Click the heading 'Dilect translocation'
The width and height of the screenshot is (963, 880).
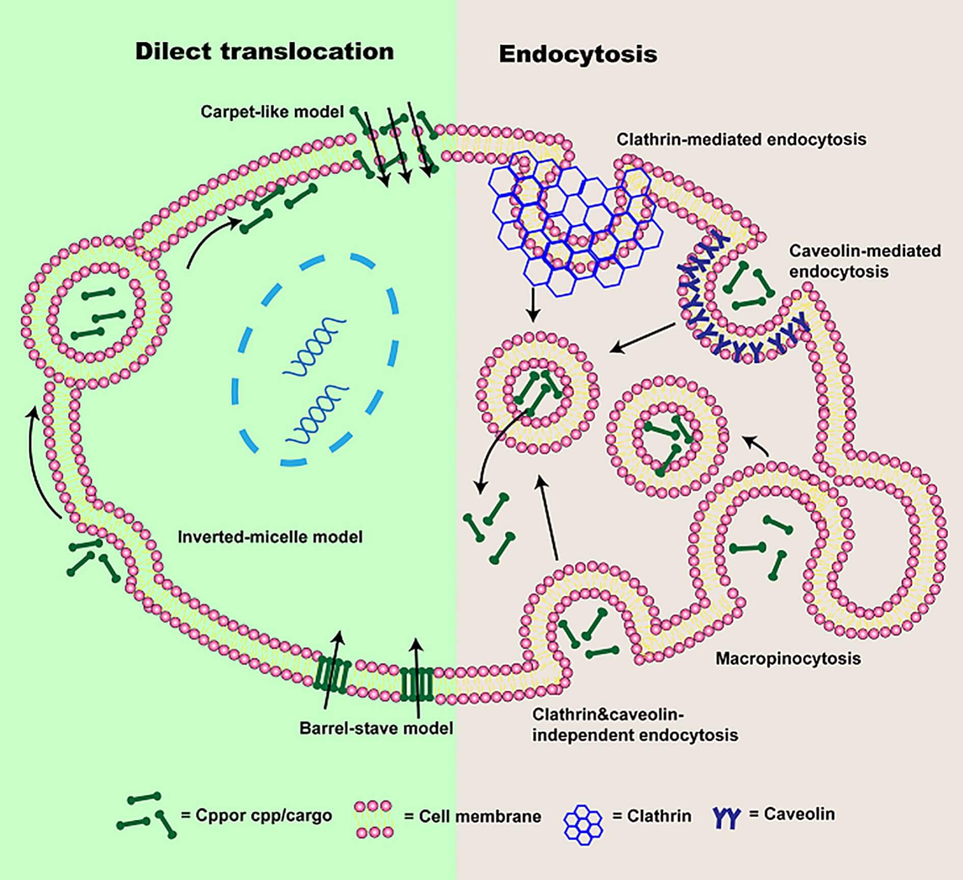point(264,52)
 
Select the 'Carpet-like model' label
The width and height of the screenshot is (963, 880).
point(272,112)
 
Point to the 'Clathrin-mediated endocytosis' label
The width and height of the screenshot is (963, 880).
point(741,139)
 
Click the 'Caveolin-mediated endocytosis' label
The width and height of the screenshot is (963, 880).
point(865,261)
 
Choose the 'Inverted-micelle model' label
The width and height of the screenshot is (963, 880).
point(270,537)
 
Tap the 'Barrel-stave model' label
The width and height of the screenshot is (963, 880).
point(376,728)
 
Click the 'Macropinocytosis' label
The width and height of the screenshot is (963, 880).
point(788,658)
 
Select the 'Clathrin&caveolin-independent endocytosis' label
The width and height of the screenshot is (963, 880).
point(635,725)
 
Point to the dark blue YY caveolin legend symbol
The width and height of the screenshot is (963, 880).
point(726,817)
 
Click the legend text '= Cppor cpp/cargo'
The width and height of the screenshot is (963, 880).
point(256,815)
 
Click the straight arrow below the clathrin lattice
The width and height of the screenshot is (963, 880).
point(532,305)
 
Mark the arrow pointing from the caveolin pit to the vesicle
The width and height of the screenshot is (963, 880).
point(643,338)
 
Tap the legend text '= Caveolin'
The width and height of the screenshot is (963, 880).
point(792,814)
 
